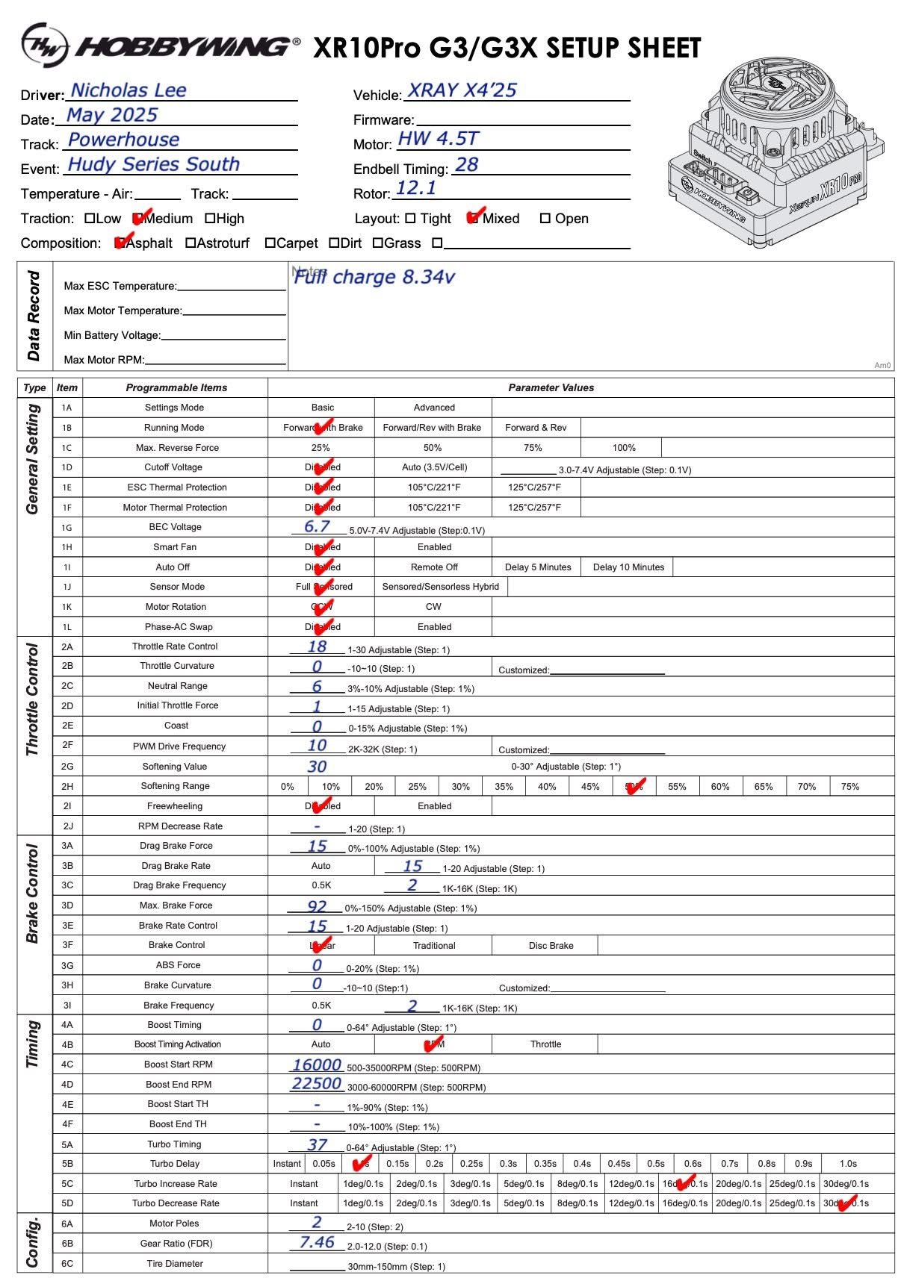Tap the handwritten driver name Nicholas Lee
point(128,90)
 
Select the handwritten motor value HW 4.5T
point(438,138)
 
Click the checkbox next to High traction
point(210,219)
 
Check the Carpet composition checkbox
point(270,243)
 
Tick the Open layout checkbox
point(545,219)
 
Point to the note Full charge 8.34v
point(374,277)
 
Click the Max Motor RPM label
point(104,360)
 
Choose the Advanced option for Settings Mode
point(434,408)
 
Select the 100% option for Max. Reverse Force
point(624,448)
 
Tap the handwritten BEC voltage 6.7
point(317,526)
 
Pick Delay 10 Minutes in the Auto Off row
point(628,567)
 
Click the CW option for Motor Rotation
point(433,607)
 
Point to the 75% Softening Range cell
point(849,787)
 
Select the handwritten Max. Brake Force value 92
point(317,906)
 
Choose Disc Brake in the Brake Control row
point(551,946)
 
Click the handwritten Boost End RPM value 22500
point(317,1083)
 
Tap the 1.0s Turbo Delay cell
point(848,1164)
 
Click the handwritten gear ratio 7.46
point(317,1242)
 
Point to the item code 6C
point(67,1264)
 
